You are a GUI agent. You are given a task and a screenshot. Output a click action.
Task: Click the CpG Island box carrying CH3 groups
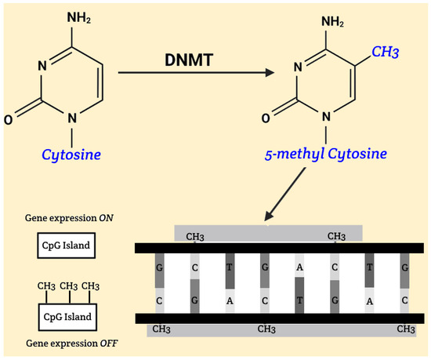point(65,318)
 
